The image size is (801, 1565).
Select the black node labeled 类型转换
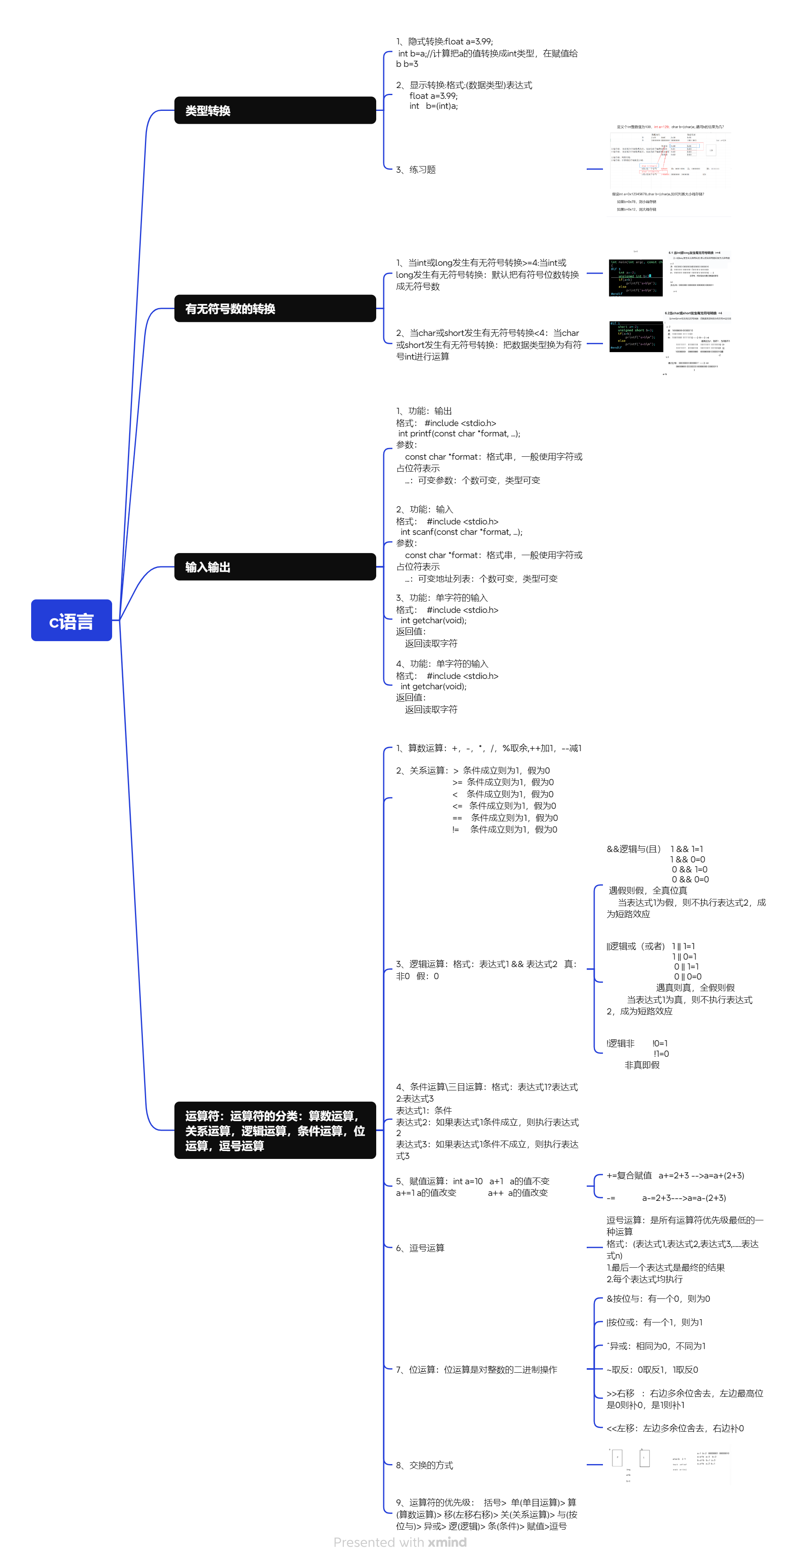(275, 110)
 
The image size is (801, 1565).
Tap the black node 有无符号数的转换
(275, 309)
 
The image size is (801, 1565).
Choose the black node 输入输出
(275, 567)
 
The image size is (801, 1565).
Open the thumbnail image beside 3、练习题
(669, 169)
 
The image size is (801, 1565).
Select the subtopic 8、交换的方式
(424, 1465)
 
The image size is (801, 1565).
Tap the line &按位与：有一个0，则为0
(658, 1298)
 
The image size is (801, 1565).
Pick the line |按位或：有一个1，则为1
(654, 1322)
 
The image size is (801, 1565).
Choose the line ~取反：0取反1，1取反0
(652, 1369)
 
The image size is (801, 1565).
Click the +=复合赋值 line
(675, 1175)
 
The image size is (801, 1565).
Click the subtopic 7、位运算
(476, 1369)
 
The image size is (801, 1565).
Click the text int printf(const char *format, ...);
(459, 433)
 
